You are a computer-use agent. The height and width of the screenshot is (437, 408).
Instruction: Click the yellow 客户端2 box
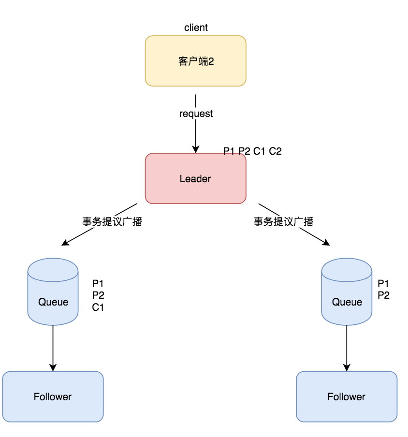coord(196,61)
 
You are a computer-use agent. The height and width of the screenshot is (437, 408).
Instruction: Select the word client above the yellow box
coord(196,28)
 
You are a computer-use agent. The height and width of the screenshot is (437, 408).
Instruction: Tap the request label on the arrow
coord(196,114)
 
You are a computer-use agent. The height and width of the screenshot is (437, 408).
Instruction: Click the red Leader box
coord(196,178)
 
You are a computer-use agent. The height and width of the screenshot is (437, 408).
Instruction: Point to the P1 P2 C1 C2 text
coord(252,151)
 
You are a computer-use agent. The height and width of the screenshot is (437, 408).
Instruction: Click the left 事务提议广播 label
coord(112,221)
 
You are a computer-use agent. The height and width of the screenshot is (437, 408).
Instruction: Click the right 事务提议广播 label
coord(284,221)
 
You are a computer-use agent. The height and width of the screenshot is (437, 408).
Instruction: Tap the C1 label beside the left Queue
coord(98,307)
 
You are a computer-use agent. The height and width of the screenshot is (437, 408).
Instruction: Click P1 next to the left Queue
coord(98,284)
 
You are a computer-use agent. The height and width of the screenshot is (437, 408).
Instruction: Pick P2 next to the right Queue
coord(383,295)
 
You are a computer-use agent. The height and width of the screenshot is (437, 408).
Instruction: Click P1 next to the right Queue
coord(383,284)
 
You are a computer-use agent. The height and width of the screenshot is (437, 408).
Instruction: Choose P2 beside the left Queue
coord(98,295)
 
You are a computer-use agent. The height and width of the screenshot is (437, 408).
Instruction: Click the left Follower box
coord(53,396)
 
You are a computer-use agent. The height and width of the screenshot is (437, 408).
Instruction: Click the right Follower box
coord(347,396)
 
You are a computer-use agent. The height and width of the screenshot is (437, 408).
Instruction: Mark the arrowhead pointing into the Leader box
coord(196,149)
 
